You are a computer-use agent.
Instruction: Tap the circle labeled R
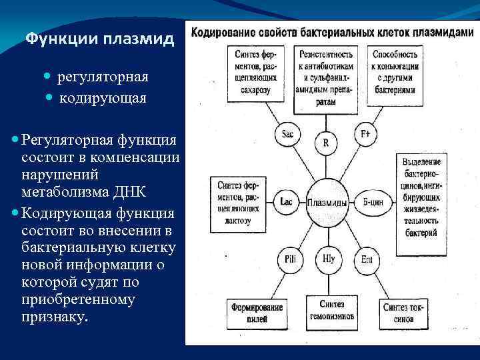[325, 143]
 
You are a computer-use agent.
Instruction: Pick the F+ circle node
[365, 133]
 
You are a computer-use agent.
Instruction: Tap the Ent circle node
[367, 259]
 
